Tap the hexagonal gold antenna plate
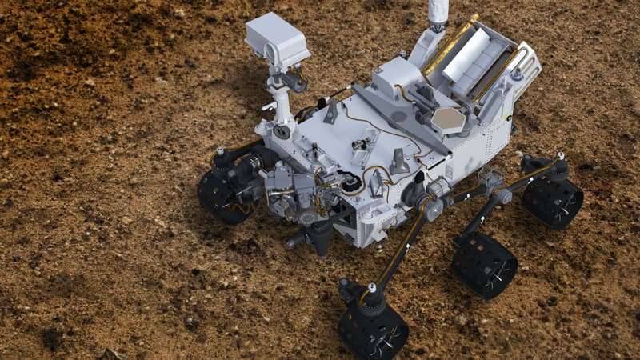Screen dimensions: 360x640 click(448, 120)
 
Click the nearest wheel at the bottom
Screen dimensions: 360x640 click(373, 329)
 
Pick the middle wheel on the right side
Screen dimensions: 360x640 click(484, 265)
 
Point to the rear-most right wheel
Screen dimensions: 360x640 click(552, 200)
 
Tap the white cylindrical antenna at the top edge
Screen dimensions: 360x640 click(438, 12)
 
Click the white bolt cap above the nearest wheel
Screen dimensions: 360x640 click(371, 287)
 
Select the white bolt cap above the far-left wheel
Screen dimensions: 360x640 click(219, 150)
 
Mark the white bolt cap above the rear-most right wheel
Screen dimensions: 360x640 click(561, 156)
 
